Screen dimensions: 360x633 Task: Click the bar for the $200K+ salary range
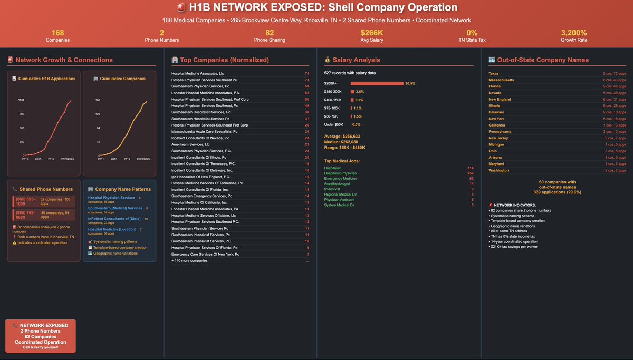[377, 83]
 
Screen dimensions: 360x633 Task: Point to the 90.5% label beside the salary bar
[410, 83]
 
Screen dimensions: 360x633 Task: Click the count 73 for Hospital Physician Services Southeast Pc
[306, 80]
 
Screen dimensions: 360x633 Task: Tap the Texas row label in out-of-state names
[494, 73]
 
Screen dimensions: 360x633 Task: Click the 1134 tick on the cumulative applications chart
[21, 100]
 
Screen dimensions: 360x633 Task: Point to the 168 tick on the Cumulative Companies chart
[97, 100]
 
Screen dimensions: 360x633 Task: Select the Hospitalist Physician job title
[340, 173]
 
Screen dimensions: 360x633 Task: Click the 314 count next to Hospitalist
[471, 167]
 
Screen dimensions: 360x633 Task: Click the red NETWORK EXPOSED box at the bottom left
[40, 336]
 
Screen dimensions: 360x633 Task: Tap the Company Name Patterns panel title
[123, 189]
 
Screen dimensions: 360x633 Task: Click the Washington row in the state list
[498, 170]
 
